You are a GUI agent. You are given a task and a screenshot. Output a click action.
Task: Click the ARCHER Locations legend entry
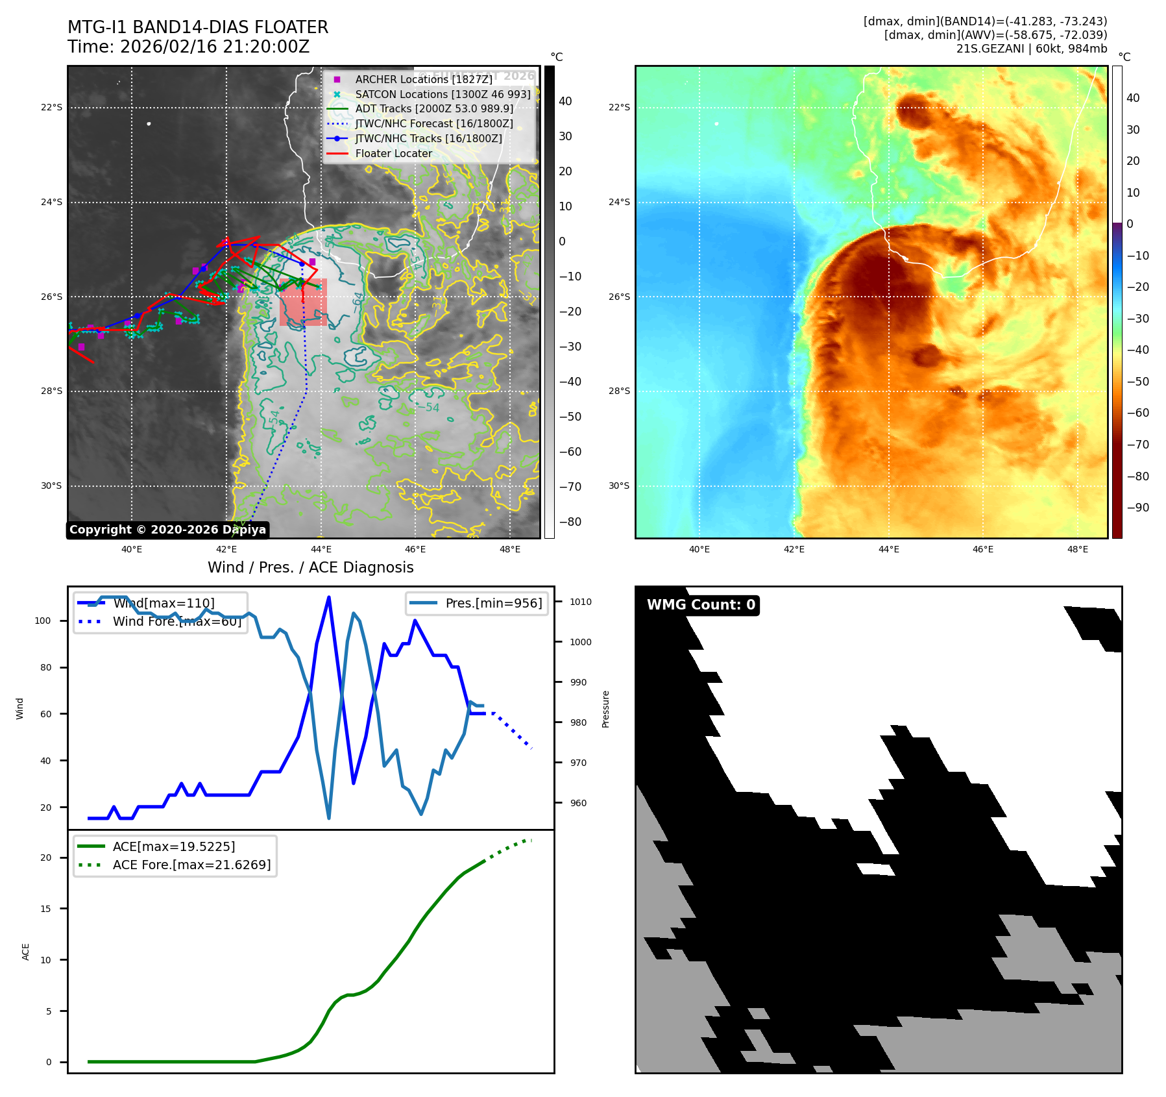point(423,79)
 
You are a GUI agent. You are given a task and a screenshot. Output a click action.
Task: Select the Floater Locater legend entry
point(393,153)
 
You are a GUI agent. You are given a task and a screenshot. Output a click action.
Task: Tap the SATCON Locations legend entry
point(443,94)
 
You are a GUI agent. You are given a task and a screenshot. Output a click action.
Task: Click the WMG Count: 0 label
point(701,605)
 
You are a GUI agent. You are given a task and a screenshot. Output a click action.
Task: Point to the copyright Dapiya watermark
point(167,530)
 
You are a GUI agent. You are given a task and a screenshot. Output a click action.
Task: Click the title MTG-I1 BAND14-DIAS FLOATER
point(198,27)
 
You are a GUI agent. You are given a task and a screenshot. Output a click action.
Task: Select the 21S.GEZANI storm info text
point(1031,49)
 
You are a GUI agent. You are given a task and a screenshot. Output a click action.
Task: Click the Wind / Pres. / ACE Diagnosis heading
point(310,567)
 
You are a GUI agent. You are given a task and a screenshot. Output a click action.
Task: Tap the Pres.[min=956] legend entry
point(493,603)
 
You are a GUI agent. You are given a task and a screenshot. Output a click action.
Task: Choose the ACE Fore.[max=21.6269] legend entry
point(191,865)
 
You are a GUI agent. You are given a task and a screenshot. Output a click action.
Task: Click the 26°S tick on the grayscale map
point(52,297)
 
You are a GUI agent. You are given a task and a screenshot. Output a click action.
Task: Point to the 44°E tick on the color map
point(888,549)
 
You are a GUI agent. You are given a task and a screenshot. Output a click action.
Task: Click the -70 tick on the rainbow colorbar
point(1137,445)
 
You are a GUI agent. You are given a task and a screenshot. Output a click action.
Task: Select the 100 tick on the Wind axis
point(43,621)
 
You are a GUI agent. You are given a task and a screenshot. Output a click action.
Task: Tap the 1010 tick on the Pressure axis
point(580,602)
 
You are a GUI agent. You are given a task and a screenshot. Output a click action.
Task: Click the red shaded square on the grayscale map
point(303,302)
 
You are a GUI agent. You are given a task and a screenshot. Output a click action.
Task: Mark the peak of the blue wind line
point(329,597)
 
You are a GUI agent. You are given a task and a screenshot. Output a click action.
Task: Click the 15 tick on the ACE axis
point(45,909)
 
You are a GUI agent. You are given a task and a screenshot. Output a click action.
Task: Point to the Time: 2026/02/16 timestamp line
point(188,47)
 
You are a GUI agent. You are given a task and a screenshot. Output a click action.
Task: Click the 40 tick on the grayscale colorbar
point(565,101)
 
